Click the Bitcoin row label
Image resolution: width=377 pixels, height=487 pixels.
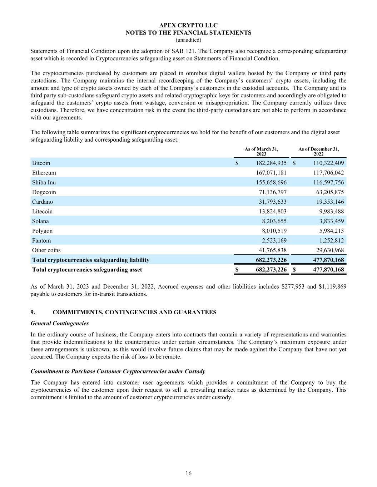tap(41, 163)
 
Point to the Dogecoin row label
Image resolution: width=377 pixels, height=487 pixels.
tap(44, 192)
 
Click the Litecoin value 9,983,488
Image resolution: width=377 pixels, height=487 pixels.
tap(332, 211)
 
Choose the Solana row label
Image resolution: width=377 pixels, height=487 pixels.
tap(40, 221)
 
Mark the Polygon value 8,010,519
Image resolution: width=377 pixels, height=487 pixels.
tap(274, 231)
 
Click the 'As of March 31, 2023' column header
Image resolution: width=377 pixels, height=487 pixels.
tap(261, 151)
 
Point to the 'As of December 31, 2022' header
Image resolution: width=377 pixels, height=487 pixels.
tap(319, 151)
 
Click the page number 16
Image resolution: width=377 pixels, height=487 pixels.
tap(189, 473)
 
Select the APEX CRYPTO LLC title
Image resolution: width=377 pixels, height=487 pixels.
tap(188, 25)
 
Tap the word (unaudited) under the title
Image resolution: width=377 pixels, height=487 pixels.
tap(188, 40)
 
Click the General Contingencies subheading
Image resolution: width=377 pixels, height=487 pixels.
tap(60, 323)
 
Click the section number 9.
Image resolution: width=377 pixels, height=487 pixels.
tap(33, 312)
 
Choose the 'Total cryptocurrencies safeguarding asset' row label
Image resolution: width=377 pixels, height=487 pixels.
tap(87, 269)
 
